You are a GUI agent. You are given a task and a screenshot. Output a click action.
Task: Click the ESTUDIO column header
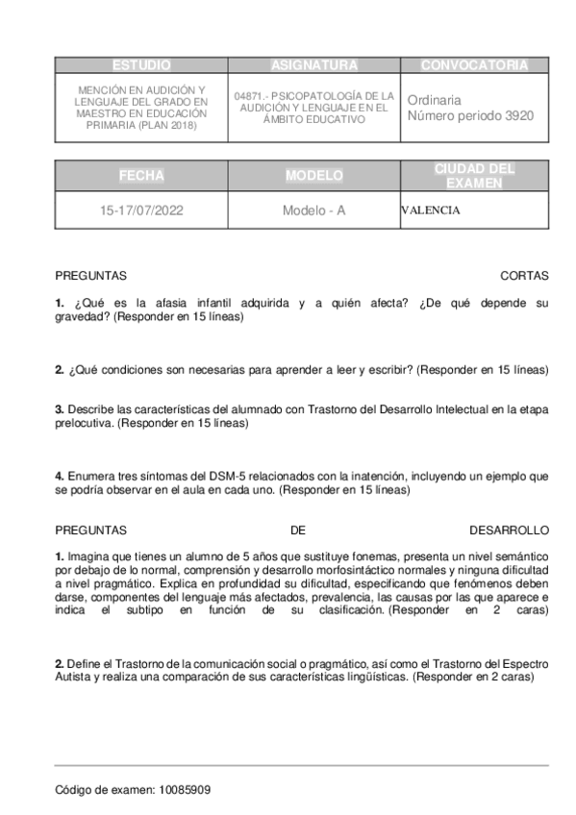(141, 65)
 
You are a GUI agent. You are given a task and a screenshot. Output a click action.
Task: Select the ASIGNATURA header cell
(313, 65)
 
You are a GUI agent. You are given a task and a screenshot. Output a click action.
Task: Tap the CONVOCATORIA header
(474, 65)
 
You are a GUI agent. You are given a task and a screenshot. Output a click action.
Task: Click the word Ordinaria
(435, 100)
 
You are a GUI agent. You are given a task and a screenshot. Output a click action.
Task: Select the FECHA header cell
(141, 176)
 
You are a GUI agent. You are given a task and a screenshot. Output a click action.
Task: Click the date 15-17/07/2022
(141, 210)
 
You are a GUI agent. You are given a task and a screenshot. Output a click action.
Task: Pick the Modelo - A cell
(313, 210)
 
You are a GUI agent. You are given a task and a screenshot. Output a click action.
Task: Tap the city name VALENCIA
(431, 210)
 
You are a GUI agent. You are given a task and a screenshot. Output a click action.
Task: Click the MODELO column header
(313, 176)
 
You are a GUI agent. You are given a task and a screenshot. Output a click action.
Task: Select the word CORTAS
(524, 276)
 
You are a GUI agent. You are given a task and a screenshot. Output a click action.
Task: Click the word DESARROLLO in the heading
(509, 530)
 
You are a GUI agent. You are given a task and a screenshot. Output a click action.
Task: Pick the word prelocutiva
(84, 422)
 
